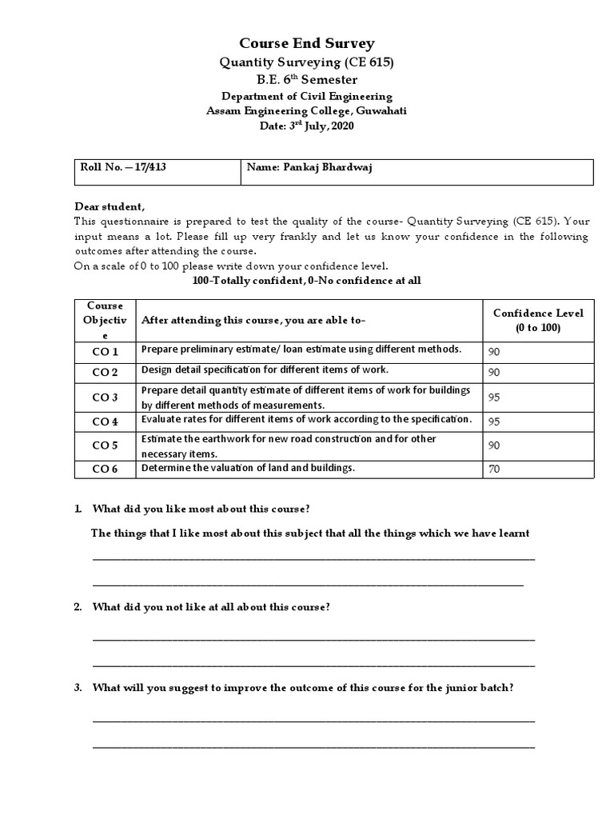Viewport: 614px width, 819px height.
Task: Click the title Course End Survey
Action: [307, 43]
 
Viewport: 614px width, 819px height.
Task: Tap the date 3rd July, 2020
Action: [307, 126]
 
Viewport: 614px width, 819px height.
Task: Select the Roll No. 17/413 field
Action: [123, 167]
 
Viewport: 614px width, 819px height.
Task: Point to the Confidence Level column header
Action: [537, 320]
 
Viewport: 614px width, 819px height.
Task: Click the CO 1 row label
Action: [105, 352]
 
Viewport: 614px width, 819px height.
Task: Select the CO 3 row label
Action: [105, 398]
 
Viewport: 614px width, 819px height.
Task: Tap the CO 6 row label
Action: [105, 469]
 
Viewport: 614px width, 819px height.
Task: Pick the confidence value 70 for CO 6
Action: [494, 469]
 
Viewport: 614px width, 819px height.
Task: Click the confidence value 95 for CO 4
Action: [494, 421]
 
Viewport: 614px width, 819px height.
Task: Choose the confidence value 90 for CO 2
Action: [494, 373]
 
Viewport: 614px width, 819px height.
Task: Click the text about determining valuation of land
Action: [248, 467]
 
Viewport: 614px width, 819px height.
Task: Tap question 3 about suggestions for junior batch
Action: [302, 687]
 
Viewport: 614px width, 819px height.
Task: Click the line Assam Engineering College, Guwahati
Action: [307, 111]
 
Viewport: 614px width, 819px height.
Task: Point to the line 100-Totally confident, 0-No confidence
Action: [307, 280]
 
